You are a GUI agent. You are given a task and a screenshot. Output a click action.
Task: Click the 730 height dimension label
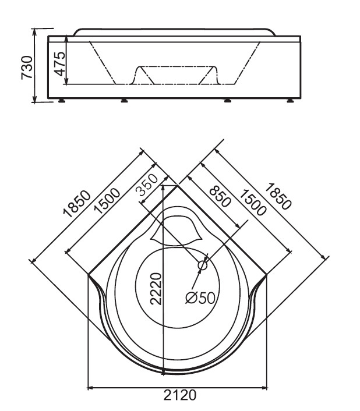point(27,67)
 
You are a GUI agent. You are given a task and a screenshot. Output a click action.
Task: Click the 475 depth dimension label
point(59,63)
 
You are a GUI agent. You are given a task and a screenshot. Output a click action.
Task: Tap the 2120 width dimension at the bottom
point(180,395)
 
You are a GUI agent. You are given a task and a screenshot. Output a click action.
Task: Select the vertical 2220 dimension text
point(156,289)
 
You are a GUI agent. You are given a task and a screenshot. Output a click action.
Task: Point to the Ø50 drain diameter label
point(200,297)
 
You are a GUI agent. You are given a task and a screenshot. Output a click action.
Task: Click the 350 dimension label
point(147,185)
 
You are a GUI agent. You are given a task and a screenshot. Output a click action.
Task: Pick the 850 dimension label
point(220,196)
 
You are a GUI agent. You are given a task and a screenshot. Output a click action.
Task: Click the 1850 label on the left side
point(77,204)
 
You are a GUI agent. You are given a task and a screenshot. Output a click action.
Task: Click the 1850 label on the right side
point(278,196)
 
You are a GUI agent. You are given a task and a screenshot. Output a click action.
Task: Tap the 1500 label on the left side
point(107,200)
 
